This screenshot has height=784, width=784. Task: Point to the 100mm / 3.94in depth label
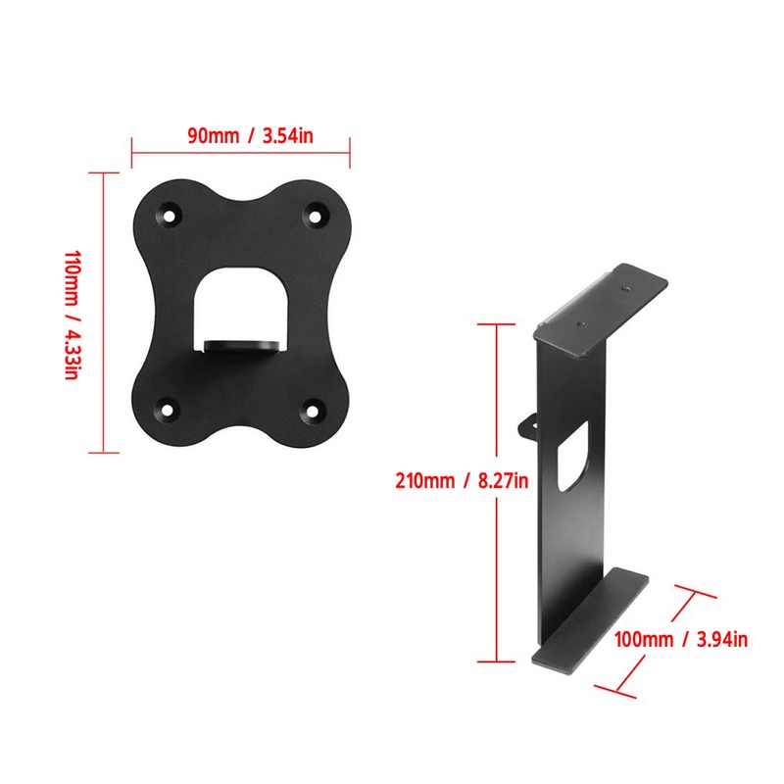pyautogui.click(x=681, y=640)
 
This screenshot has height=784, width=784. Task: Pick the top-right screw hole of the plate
pyautogui.click(x=316, y=212)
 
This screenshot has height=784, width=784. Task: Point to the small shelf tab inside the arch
pyautogui.click(x=243, y=345)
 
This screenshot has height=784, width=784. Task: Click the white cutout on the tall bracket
pyautogui.click(x=571, y=457)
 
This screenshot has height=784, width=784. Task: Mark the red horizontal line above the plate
pyautogui.click(x=241, y=153)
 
